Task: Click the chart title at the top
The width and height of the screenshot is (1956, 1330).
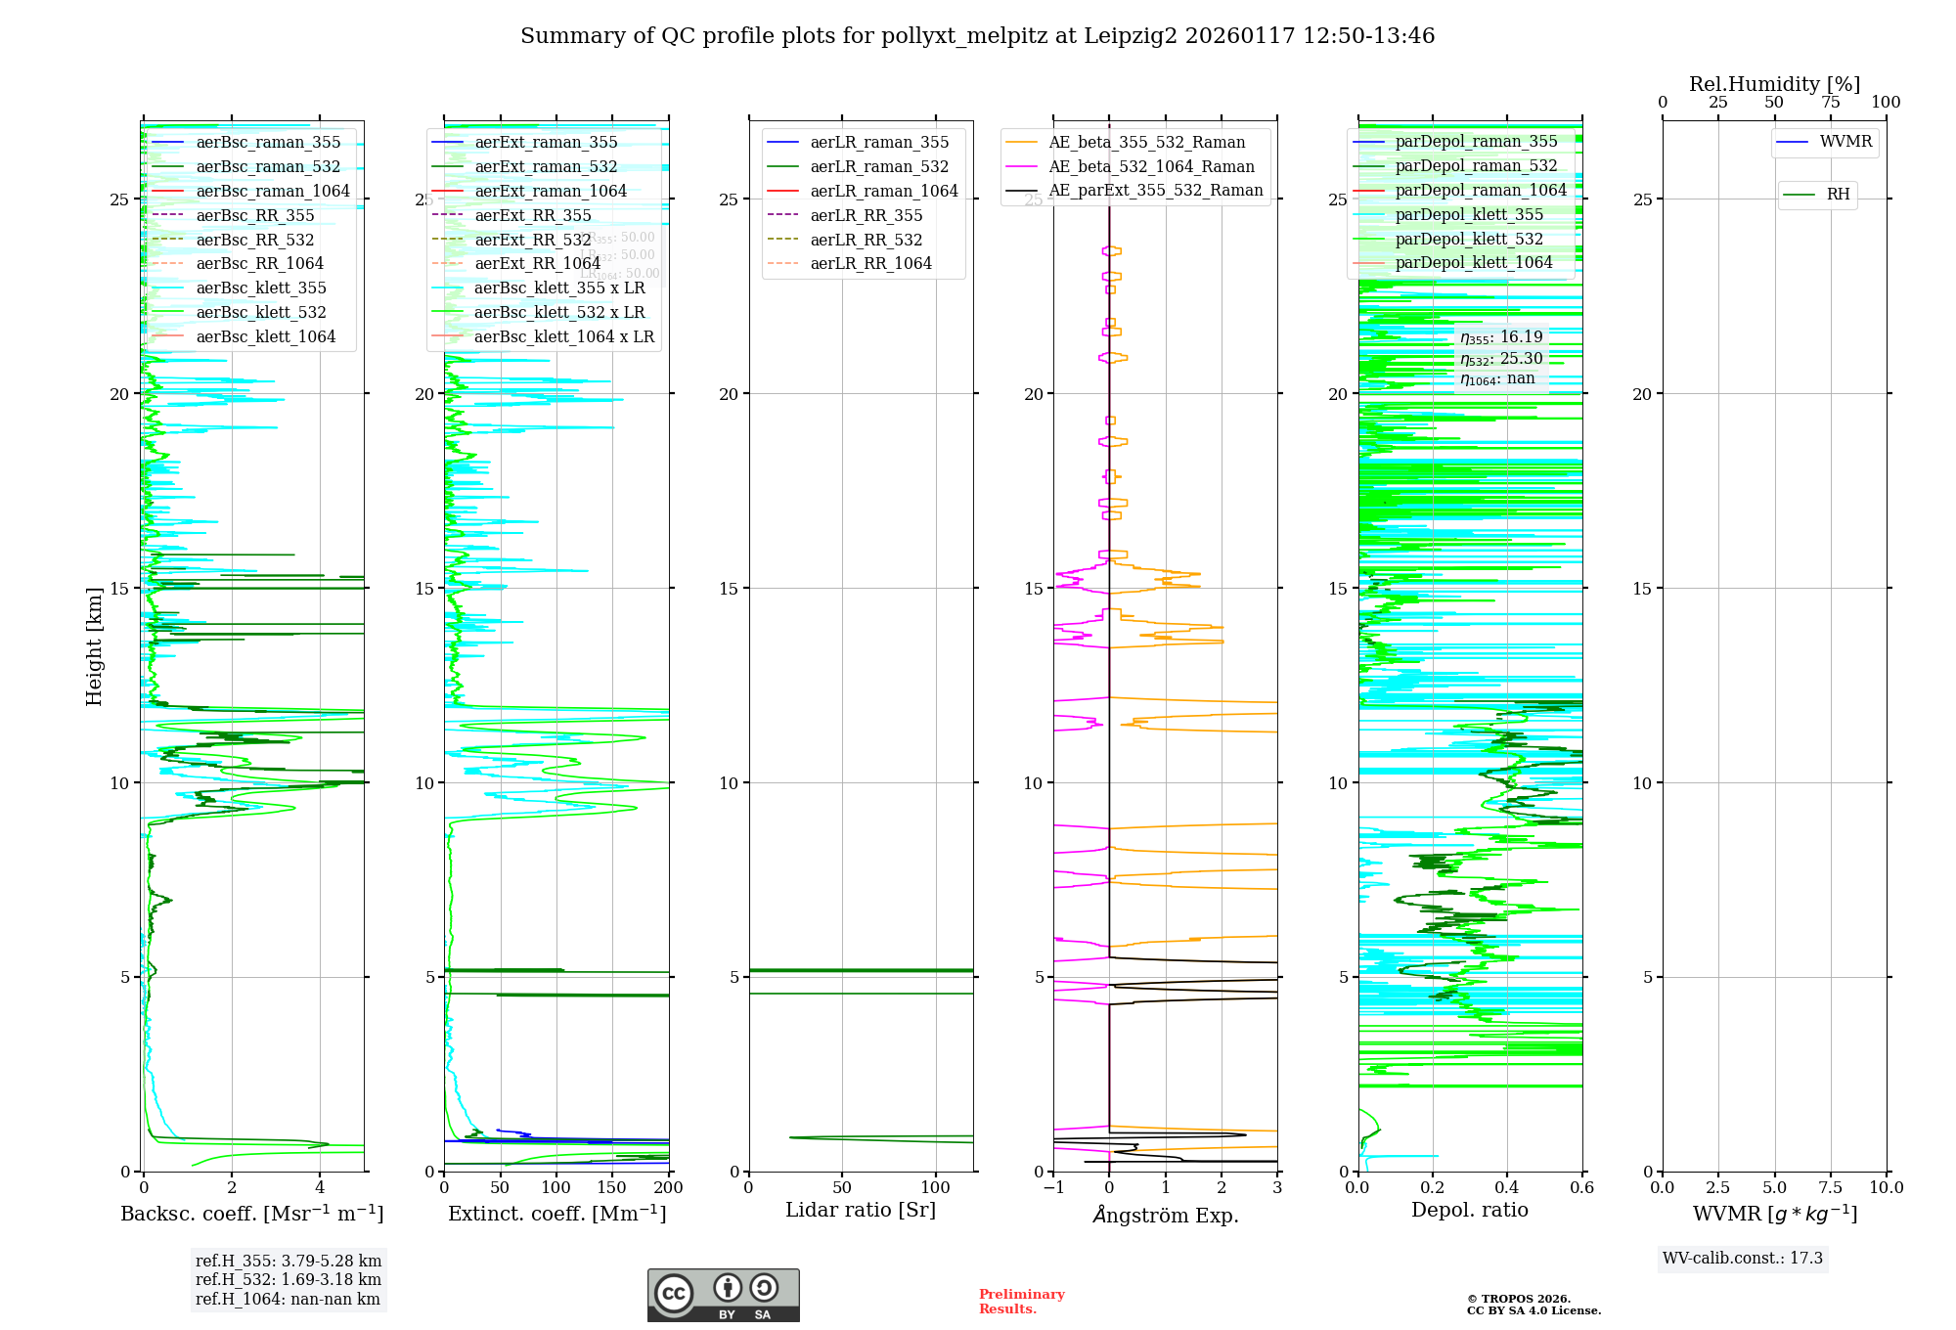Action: click(977, 36)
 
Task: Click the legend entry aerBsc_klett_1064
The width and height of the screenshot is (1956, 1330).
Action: click(265, 336)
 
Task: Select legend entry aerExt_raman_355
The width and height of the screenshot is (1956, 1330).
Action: click(546, 142)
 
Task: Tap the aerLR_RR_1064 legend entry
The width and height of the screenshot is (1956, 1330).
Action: click(870, 263)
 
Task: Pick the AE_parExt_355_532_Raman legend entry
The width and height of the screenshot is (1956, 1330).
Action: click(1155, 190)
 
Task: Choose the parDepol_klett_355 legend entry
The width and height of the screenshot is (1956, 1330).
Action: click(1469, 214)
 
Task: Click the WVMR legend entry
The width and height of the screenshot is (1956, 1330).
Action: click(1845, 142)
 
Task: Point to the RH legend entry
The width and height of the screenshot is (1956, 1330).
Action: click(1838, 195)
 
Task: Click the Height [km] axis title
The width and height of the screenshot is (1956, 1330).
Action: click(94, 646)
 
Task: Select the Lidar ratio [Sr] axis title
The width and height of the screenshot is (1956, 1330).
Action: click(861, 1210)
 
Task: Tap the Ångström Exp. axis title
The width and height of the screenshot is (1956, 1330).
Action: click(1165, 1215)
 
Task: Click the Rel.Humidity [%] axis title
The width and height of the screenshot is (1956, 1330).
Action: click(1774, 84)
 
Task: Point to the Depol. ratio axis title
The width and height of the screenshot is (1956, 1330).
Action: click(1469, 1210)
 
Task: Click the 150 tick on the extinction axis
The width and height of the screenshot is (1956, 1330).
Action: click(612, 1187)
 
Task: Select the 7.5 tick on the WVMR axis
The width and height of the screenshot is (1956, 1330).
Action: click(1831, 1187)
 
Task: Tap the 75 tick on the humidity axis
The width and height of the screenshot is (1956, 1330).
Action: click(1831, 102)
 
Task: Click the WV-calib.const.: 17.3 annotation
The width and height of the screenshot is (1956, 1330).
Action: click(1743, 1258)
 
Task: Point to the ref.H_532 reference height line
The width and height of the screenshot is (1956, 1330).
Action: click(288, 1279)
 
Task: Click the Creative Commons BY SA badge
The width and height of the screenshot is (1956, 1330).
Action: click(723, 1295)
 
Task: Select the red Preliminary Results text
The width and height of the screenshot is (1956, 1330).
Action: click(1021, 1301)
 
